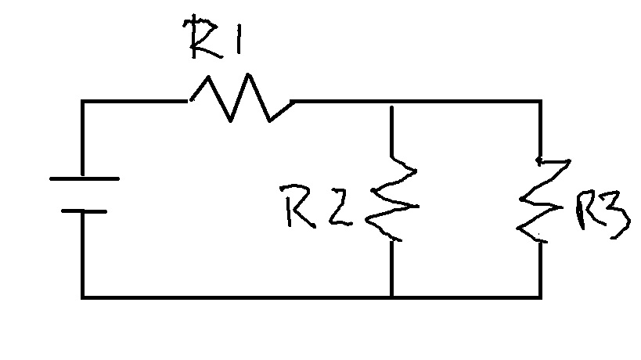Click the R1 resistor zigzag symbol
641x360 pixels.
click(x=239, y=99)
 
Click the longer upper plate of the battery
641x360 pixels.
click(x=84, y=178)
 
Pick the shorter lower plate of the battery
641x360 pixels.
click(x=83, y=211)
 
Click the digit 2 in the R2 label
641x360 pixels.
click(x=338, y=207)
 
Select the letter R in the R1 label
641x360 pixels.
click(x=201, y=37)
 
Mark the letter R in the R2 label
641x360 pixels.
click(x=301, y=206)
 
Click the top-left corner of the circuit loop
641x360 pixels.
click(x=82, y=101)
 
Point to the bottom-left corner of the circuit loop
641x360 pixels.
click(x=82, y=297)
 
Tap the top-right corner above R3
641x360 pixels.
click(x=540, y=101)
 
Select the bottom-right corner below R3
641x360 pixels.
click(x=540, y=297)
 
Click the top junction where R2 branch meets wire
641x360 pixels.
click(x=390, y=101)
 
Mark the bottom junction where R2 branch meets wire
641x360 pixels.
click(x=391, y=297)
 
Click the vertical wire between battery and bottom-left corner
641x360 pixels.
click(x=82, y=254)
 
